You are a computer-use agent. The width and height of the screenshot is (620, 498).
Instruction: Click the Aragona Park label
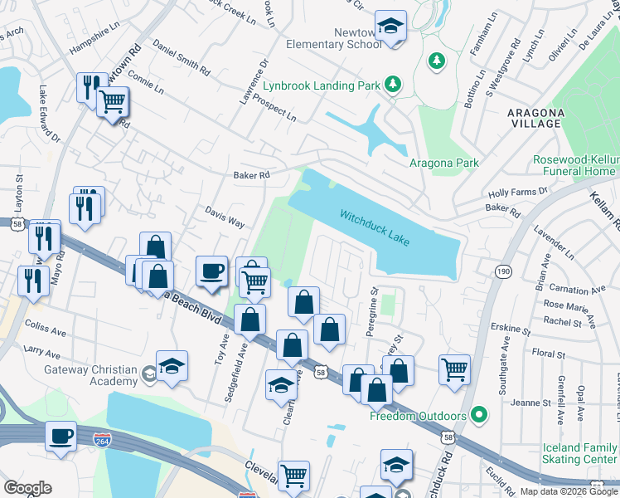(444, 163)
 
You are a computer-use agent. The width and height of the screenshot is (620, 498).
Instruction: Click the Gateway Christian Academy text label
(90, 375)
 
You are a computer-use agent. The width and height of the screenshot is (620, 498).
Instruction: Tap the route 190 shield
(503, 271)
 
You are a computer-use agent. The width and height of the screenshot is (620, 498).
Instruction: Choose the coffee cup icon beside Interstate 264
(61, 436)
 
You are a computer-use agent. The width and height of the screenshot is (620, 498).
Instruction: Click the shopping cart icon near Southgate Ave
(454, 368)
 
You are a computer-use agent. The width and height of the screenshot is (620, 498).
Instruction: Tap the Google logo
(27, 488)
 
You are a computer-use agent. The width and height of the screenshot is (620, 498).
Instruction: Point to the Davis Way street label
(225, 217)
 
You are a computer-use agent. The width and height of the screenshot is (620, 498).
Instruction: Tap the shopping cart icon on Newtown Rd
(112, 103)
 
